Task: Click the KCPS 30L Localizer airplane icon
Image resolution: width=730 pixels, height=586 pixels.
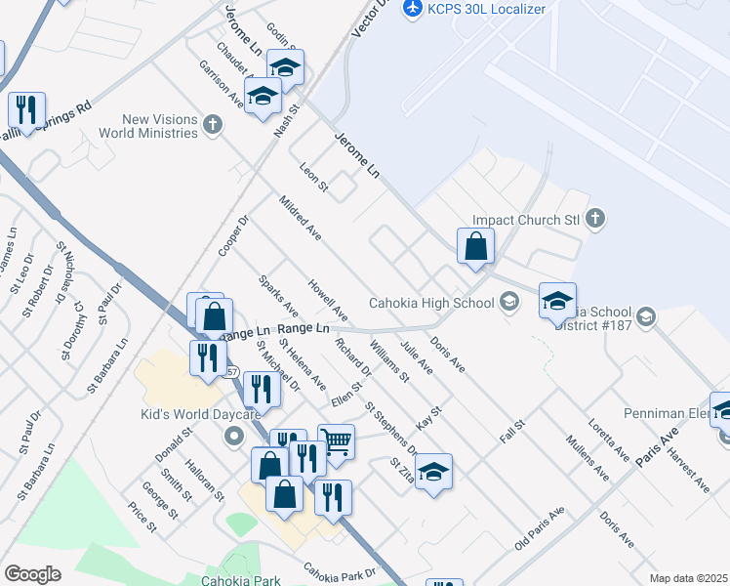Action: coord(412,8)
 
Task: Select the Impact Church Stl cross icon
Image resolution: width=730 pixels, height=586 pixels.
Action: coord(596,220)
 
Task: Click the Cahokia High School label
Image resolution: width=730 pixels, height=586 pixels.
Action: coord(431,303)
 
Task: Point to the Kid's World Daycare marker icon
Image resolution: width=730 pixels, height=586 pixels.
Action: coord(232,436)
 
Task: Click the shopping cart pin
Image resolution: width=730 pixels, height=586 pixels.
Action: coord(336,441)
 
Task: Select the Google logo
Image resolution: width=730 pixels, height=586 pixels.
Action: coord(32,574)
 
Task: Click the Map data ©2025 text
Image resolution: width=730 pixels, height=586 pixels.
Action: coord(688,578)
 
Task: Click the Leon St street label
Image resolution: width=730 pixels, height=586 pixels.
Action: coord(314,177)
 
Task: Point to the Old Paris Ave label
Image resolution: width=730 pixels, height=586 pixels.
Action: coord(540,527)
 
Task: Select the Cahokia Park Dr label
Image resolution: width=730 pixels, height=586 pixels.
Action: coord(339,571)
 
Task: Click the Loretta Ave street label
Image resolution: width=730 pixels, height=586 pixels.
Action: coord(609,439)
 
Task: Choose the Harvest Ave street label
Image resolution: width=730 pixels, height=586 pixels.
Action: coord(689,470)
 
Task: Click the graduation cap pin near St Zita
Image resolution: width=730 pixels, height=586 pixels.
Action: coord(433,471)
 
